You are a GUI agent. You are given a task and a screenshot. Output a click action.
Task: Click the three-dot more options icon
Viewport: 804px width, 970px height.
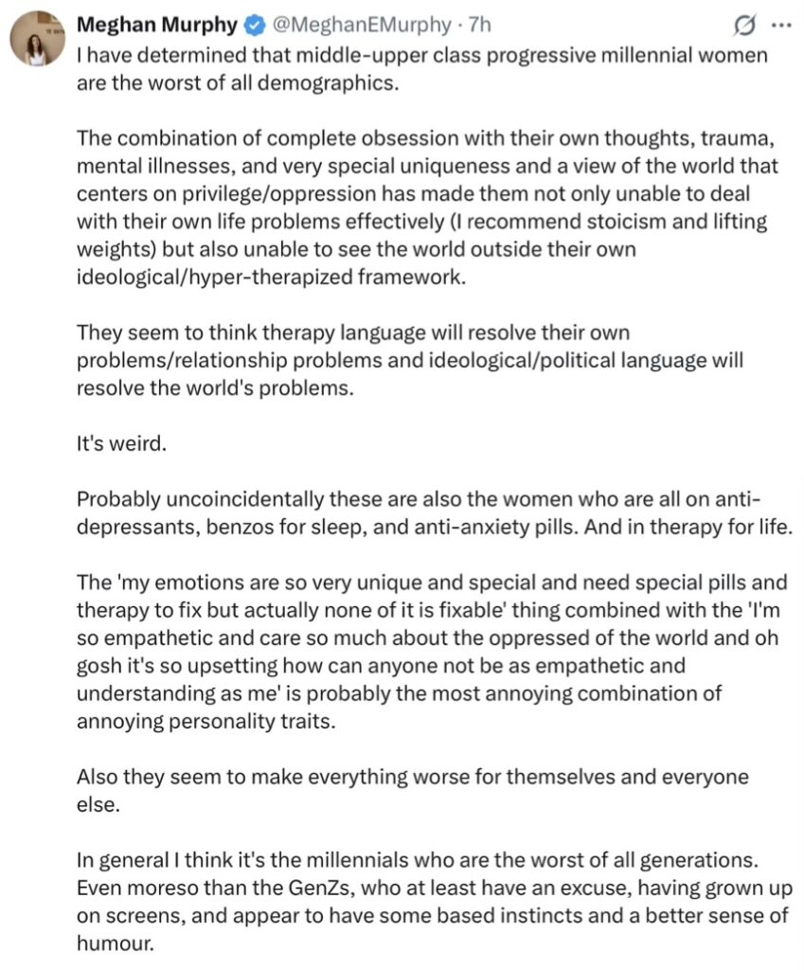tap(779, 24)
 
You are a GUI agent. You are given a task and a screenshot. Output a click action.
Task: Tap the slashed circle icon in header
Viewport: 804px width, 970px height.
tap(744, 24)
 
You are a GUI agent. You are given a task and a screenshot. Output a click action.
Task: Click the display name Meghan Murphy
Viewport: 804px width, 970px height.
tap(156, 24)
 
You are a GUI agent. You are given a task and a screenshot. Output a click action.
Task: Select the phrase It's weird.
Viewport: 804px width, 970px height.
tap(121, 442)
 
